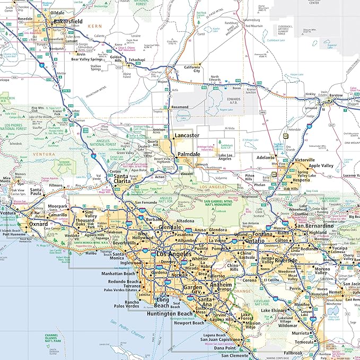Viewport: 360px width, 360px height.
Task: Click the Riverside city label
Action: coord(286,261)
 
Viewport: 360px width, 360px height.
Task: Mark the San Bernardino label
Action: coord(314,226)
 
